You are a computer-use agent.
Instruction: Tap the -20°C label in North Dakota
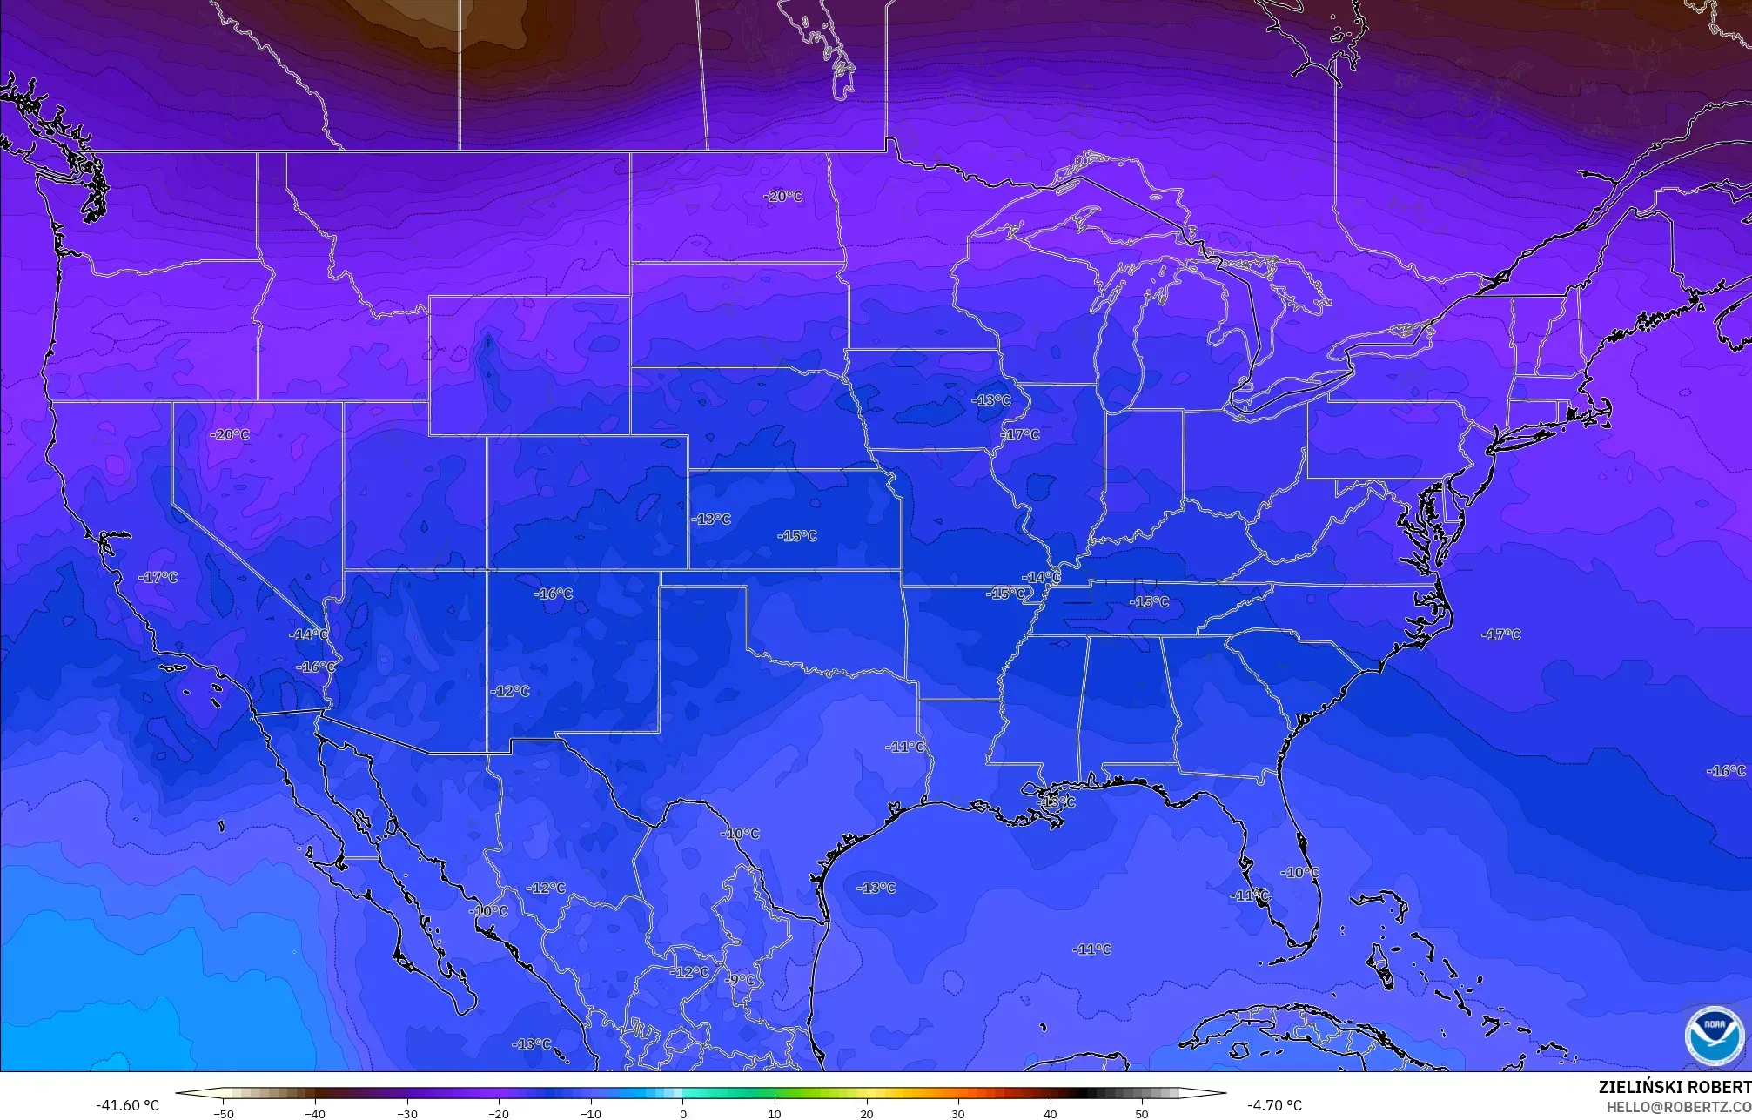[x=782, y=197]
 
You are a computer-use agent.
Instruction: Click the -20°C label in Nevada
[x=231, y=434]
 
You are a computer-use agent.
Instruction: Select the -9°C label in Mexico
[x=741, y=980]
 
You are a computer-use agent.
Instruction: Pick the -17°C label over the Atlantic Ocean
[x=1500, y=635]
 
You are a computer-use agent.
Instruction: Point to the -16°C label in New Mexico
[x=553, y=594]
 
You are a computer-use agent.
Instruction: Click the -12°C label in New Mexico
[x=510, y=691]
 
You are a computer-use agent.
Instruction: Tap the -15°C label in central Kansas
[x=797, y=536]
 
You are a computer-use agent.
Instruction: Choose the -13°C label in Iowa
[x=990, y=401]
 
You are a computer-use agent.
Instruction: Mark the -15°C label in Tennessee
[x=1149, y=602]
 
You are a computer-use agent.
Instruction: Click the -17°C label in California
[x=158, y=577]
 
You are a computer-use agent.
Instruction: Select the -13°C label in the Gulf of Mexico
[x=876, y=888]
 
